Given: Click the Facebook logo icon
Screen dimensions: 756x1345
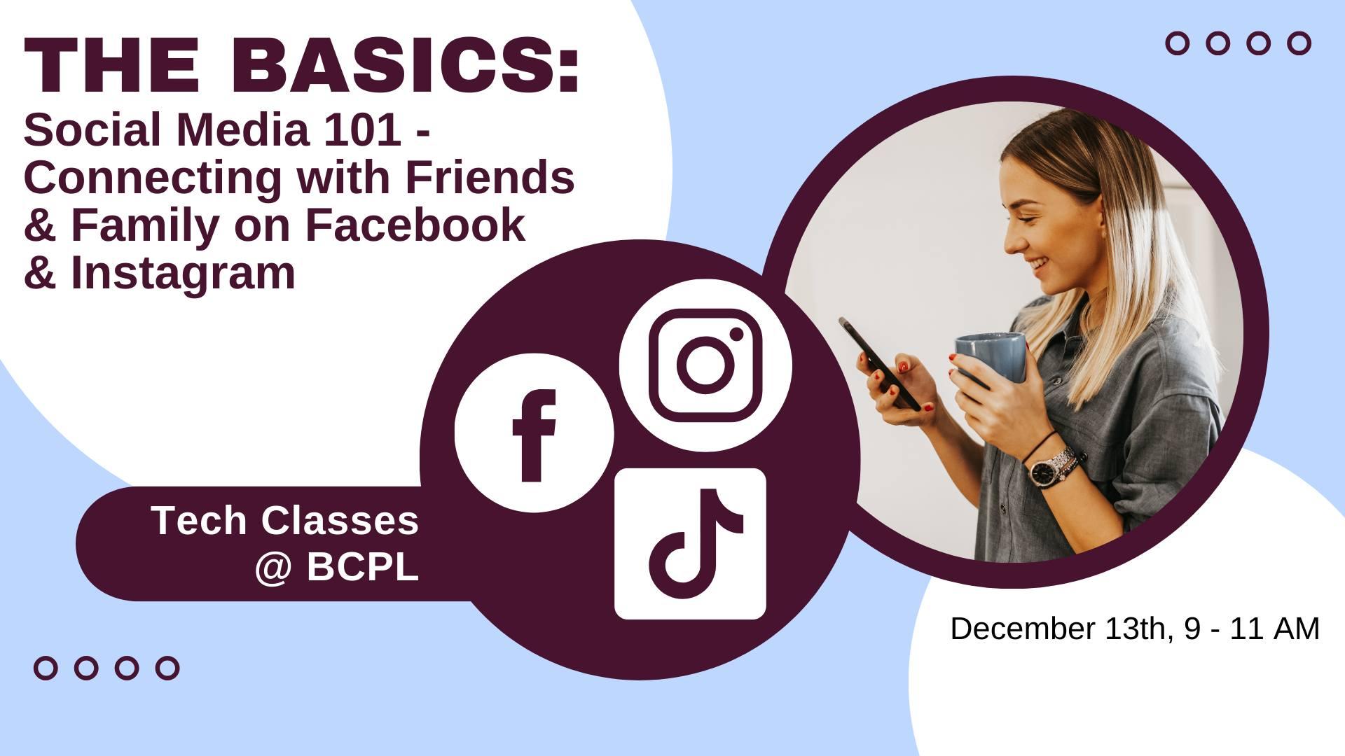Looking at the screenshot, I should (534, 433).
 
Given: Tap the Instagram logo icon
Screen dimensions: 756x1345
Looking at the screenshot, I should (705, 365).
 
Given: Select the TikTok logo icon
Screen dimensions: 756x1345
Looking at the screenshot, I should (690, 544).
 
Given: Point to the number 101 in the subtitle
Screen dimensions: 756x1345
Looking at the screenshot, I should (361, 129).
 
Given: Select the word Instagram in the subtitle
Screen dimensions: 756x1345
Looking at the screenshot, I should (183, 272).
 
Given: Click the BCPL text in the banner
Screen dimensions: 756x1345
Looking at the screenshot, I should (362, 567).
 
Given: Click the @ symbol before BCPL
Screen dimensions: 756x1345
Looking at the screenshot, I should (273, 568).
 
